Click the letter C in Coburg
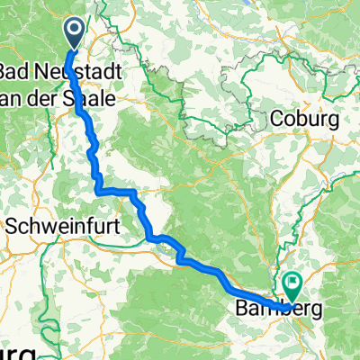point(276,119)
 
